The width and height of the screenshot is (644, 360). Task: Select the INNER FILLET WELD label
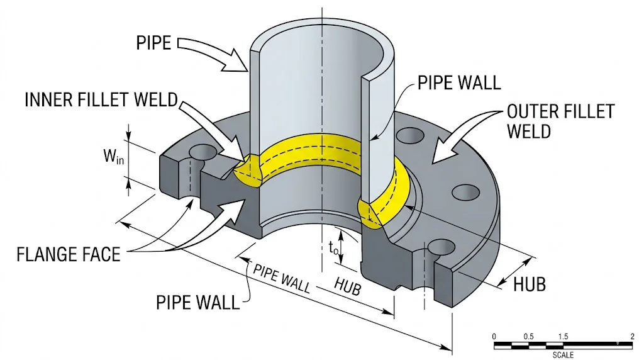pos(101,99)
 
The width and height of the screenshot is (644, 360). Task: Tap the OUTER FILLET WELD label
pos(560,121)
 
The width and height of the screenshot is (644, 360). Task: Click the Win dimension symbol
pos(114,156)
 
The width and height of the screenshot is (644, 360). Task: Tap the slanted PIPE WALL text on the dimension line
pos(282,278)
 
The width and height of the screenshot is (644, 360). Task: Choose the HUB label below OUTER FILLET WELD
pos(530,284)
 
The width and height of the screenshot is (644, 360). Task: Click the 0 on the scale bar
pos(494,336)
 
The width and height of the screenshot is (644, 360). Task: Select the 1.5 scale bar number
pos(563,336)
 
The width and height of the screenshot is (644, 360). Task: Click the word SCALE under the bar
pos(563,355)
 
